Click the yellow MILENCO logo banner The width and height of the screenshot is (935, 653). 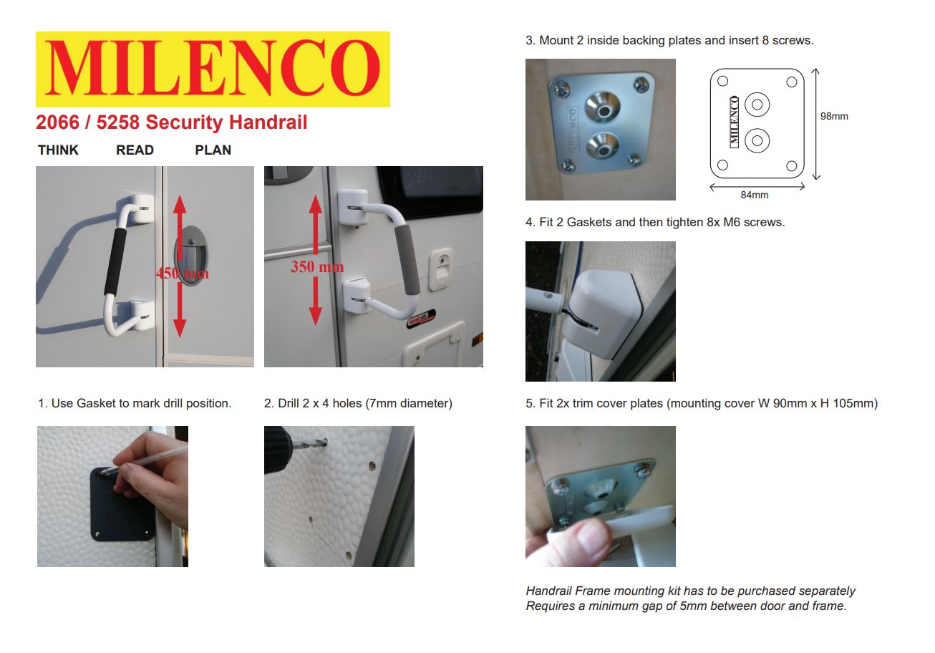pos(213,69)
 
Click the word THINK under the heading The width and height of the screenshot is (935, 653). pos(59,150)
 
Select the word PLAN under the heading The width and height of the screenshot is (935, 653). pos(213,150)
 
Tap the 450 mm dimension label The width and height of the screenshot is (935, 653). pos(183,274)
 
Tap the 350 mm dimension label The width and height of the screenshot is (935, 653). pos(316,267)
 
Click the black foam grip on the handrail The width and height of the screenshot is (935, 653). pos(113,261)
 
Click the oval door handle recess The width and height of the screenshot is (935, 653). pos(188,255)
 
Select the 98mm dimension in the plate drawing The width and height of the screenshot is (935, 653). pos(834,116)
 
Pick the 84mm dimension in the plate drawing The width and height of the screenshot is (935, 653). pos(755,195)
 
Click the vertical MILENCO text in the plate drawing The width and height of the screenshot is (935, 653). pos(734,122)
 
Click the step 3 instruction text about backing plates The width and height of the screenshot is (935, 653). pos(669,41)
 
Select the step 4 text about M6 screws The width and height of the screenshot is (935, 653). pos(655,223)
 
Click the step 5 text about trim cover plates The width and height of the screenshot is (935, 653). pos(701,404)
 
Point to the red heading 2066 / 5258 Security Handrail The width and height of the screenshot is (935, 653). pos(172,122)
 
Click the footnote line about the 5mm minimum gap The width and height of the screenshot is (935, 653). pos(686,606)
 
